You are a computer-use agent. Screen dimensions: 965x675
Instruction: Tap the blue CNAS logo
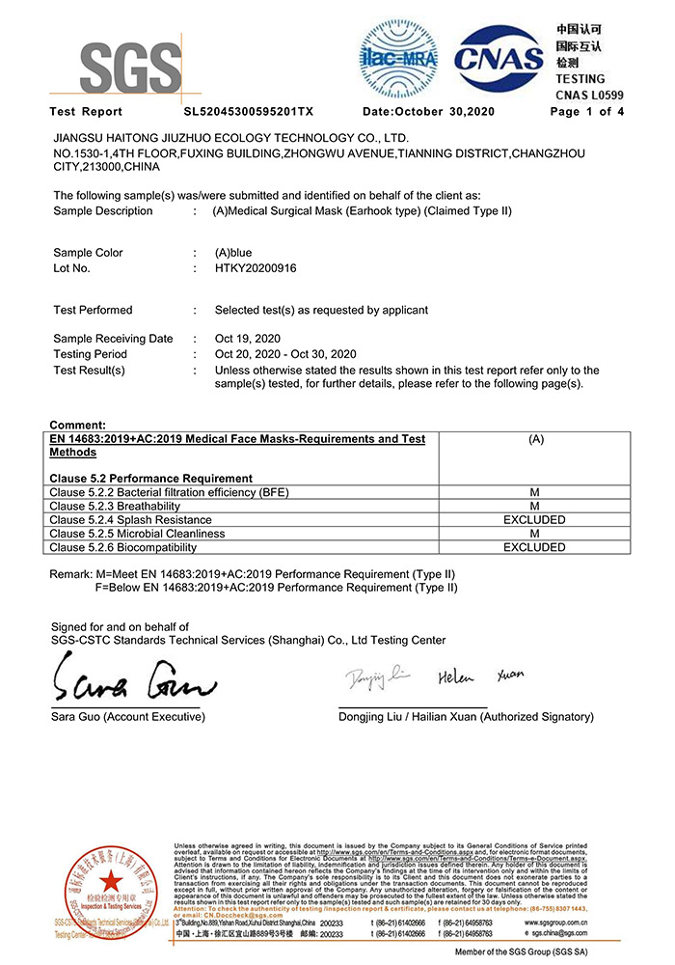(x=499, y=59)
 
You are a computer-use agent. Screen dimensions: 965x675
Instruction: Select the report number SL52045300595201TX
(x=249, y=112)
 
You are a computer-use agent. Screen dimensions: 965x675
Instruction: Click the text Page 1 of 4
(x=587, y=112)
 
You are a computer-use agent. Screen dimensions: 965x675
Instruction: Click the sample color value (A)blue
(x=233, y=253)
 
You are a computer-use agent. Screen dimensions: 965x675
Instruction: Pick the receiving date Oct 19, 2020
(x=248, y=339)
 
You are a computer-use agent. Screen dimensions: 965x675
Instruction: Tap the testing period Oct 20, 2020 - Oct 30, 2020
(x=285, y=354)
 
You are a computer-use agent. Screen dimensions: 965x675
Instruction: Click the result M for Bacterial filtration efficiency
(x=534, y=493)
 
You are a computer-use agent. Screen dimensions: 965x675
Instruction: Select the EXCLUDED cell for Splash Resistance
(x=534, y=520)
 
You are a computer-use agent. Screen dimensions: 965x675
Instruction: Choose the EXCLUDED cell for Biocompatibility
(x=534, y=547)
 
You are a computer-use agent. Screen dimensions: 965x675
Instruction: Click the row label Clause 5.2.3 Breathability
(x=115, y=507)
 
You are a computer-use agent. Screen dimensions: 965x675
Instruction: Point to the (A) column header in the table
(x=534, y=439)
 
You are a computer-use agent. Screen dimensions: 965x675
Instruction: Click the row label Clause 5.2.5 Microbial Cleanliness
(x=137, y=534)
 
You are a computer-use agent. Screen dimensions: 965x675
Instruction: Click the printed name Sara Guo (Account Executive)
(x=128, y=717)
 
